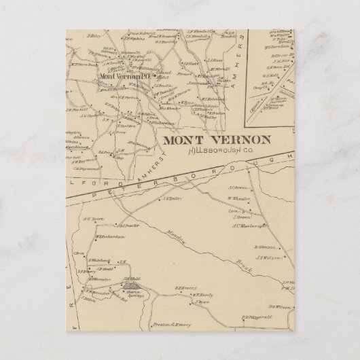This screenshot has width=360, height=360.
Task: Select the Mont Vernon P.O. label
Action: coord(124,76)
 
